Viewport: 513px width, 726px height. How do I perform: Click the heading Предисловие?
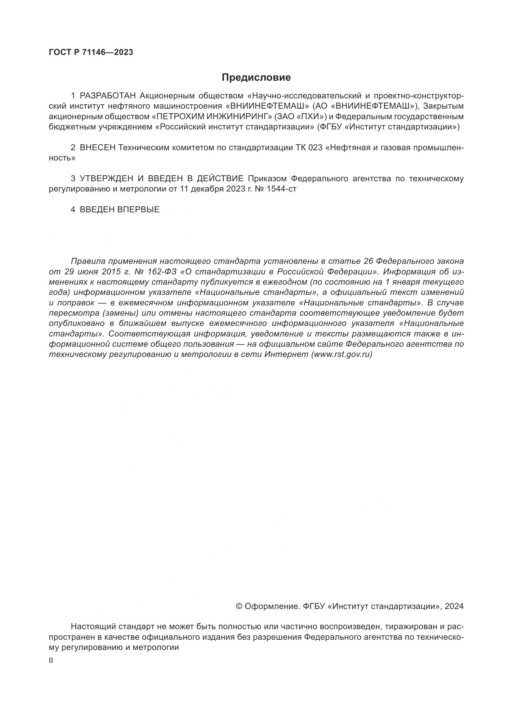[x=256, y=78]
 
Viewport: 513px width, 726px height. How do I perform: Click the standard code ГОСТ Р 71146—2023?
[x=91, y=52]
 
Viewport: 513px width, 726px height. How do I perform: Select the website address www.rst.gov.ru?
[x=341, y=354]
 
